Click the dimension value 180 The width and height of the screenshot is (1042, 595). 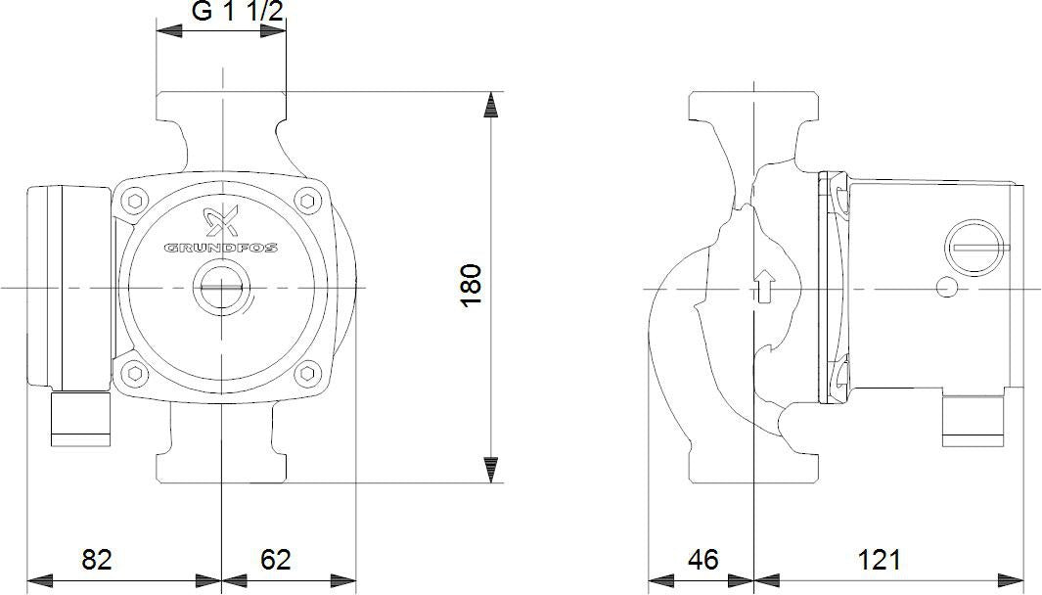471,285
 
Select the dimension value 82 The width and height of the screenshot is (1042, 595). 97,560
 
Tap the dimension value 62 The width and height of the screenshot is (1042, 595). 275,560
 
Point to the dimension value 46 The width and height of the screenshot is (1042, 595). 703,560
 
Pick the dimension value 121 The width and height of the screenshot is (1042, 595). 879,560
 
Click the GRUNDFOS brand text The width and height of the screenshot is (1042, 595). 221,248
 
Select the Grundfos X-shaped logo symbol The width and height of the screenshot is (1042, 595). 221,222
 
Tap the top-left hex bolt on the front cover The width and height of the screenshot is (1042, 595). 135,201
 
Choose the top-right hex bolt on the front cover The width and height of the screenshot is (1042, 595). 307,200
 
